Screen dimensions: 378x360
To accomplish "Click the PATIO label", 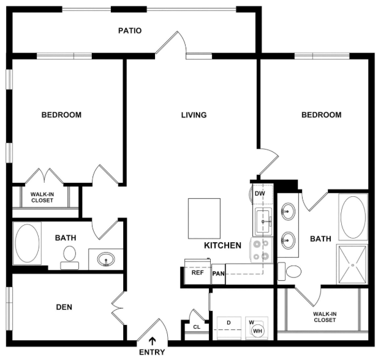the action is tap(130, 31).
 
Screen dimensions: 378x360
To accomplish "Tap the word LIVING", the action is tap(194, 115).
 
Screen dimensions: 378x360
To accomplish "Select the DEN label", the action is tap(64, 307).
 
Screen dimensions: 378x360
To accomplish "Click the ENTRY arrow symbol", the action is tap(152, 341).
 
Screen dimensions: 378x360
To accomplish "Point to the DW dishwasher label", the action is tap(260, 193).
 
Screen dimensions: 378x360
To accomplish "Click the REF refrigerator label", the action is tap(197, 273).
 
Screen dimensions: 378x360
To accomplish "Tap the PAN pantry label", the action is tap(219, 274).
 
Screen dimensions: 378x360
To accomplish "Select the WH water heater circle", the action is tap(257, 331).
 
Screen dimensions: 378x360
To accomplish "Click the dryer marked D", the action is tap(229, 328).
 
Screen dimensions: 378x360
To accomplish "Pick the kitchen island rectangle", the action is tap(204, 218).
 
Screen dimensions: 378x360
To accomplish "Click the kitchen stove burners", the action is tap(262, 250).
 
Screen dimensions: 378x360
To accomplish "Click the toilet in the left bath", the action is tap(69, 258).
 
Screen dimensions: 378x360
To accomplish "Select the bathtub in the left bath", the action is tap(27, 243).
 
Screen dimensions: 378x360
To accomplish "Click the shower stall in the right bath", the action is tap(352, 265).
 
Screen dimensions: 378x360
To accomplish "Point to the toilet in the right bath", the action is tap(290, 272).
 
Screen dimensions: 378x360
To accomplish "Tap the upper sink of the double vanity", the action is tap(288, 212).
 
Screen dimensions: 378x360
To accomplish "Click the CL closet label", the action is tap(197, 327).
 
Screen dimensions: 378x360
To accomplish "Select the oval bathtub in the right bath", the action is tap(353, 217).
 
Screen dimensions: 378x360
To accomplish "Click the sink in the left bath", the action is tap(106, 259).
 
